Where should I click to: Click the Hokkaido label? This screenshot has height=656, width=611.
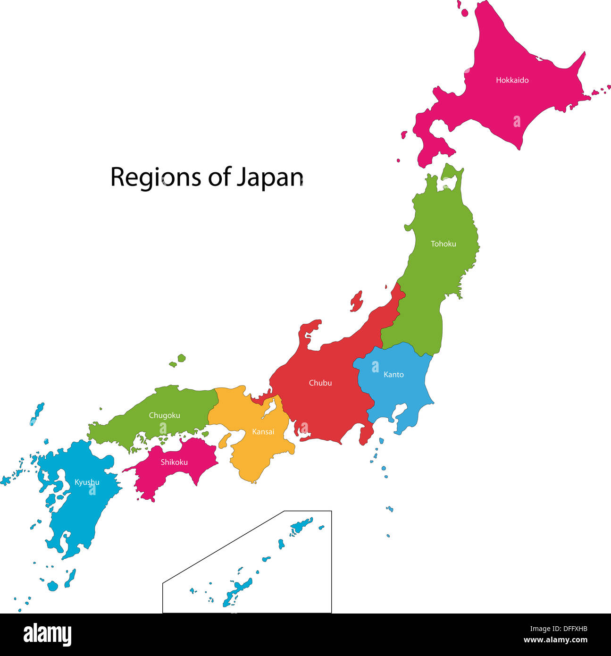(512, 80)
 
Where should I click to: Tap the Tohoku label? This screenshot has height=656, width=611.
(443, 244)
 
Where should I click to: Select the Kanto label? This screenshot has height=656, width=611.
(393, 375)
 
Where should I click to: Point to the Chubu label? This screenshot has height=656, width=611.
(320, 383)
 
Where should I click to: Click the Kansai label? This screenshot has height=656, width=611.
(263, 432)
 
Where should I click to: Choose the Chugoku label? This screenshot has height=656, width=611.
(164, 415)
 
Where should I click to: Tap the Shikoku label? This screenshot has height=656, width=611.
(174, 462)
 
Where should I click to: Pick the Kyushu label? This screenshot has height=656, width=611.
(87, 482)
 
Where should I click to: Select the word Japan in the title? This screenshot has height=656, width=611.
(269, 177)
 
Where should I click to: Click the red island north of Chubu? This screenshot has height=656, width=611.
(356, 301)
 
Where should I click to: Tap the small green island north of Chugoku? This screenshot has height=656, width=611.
(181, 358)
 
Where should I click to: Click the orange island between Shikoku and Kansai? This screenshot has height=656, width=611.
(225, 440)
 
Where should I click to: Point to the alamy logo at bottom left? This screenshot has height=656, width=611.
(47, 635)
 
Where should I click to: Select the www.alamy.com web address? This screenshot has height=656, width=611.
(555, 640)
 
